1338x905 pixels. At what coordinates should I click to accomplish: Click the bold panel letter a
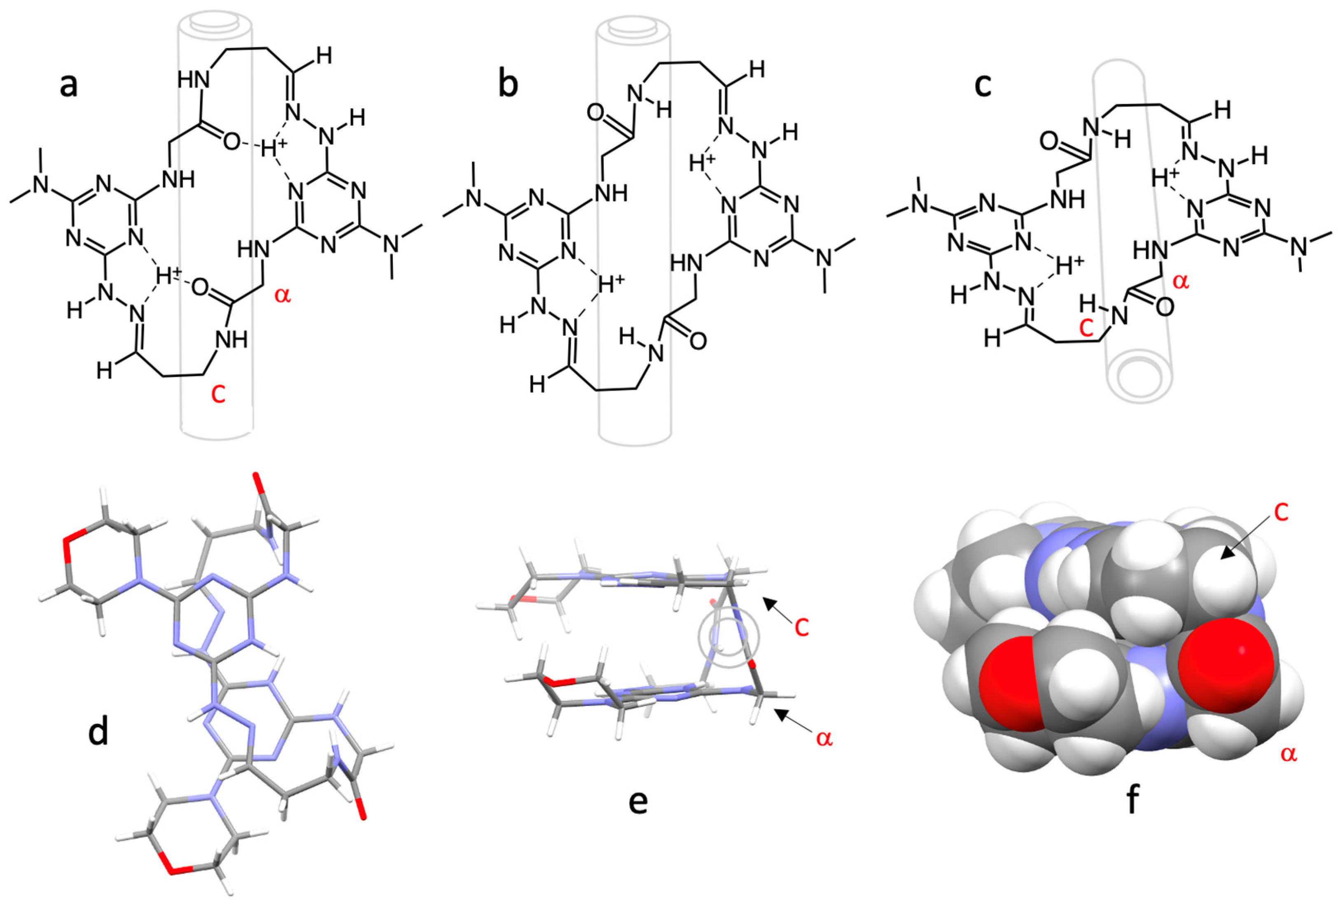tap(68, 85)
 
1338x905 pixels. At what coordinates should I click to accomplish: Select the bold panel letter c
tap(982, 85)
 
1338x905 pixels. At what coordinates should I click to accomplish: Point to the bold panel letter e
tap(638, 801)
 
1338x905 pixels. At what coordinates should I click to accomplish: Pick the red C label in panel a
tap(217, 395)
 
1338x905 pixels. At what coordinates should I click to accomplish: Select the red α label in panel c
tap(1180, 282)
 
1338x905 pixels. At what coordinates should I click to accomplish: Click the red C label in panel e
tap(801, 628)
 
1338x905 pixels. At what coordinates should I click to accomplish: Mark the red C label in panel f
tap(1280, 513)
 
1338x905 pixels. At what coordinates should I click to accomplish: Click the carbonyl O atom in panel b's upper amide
tap(596, 112)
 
